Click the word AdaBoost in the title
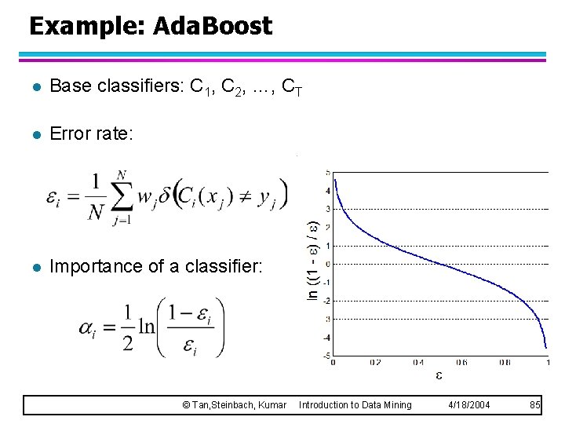(x=213, y=27)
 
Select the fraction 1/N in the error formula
(x=94, y=196)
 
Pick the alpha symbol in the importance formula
(x=88, y=327)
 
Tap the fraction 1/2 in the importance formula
(x=128, y=327)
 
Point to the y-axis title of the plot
(x=312, y=250)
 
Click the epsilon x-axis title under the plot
(x=438, y=375)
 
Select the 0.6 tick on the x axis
(x=460, y=362)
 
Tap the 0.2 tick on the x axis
(x=374, y=362)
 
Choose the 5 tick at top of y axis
(x=327, y=172)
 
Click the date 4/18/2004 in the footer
(x=468, y=404)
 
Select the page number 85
(x=535, y=404)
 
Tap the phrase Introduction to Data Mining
(x=355, y=404)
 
